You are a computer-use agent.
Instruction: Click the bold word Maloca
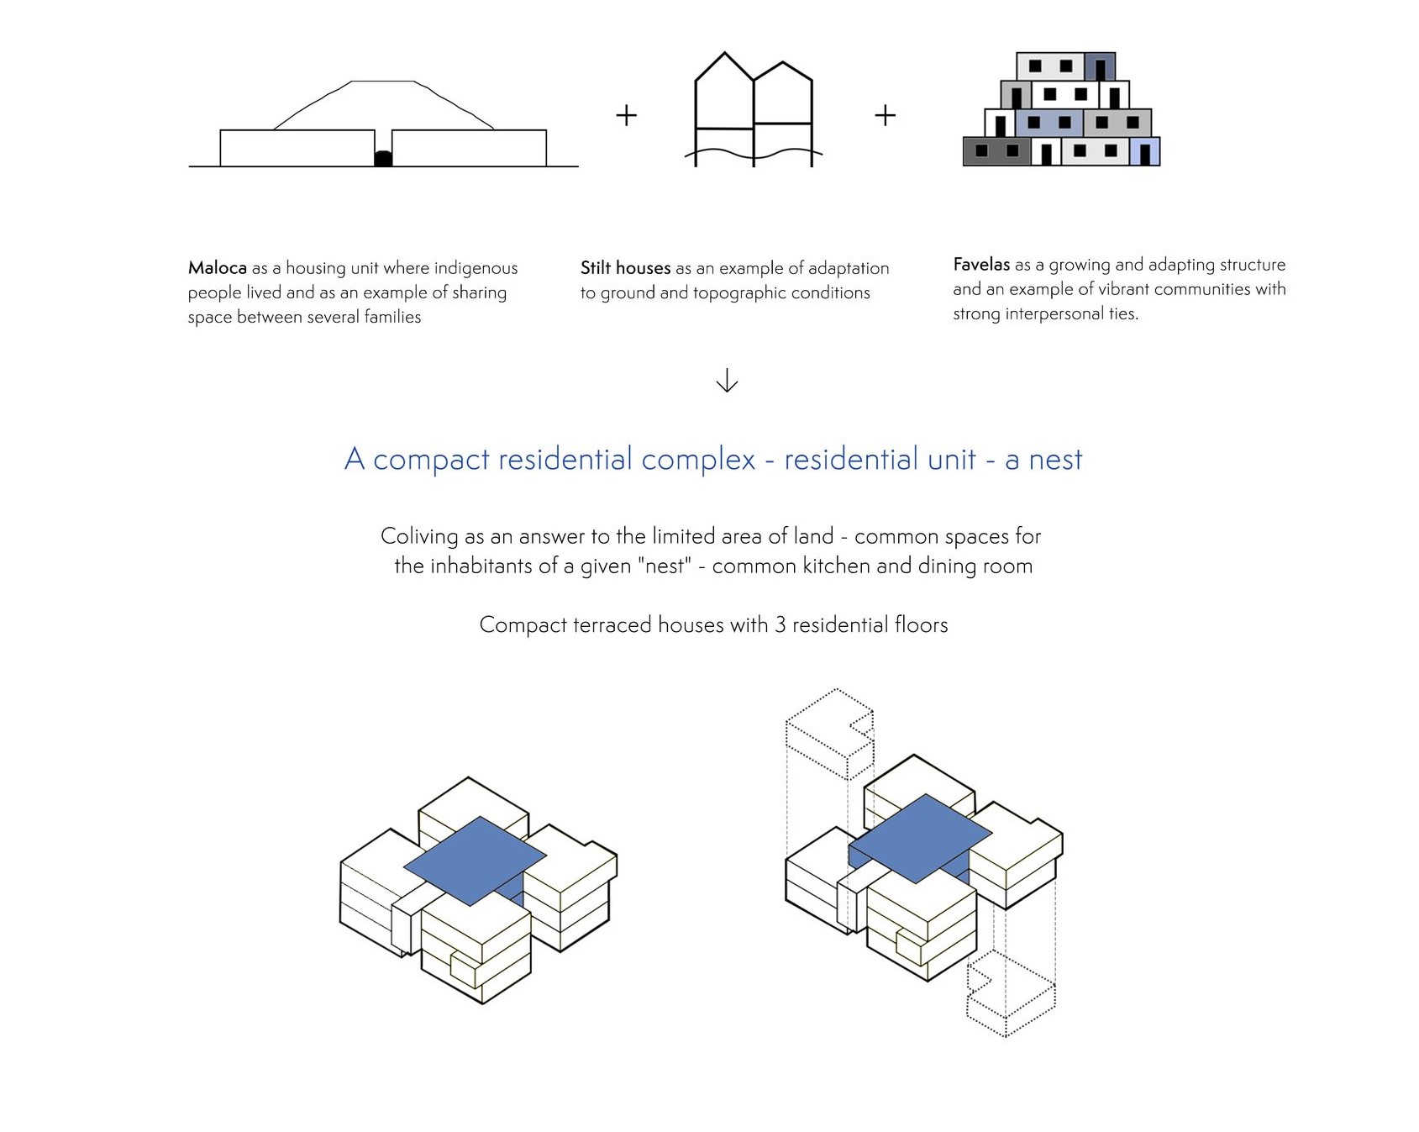[217, 268]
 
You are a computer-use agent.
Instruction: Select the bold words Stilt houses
[625, 268]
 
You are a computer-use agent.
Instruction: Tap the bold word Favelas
[981, 265]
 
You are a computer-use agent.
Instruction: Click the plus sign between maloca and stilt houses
[626, 115]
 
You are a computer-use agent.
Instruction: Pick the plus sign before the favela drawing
[885, 115]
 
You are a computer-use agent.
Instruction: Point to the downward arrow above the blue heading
[727, 381]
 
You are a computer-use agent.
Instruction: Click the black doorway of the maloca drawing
[383, 159]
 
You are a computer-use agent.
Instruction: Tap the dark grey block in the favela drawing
[996, 151]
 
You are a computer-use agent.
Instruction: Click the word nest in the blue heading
[1055, 460]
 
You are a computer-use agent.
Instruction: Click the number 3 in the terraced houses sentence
[780, 625]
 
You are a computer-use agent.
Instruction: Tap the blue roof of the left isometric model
[475, 859]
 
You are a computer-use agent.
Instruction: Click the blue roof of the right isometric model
[921, 836]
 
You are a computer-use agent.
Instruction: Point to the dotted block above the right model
[829, 731]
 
